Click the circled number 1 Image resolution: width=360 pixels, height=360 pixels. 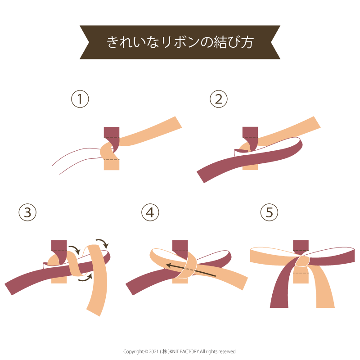click(80, 99)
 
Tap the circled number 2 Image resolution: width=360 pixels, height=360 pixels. click(219, 99)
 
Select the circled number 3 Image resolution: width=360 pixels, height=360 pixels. click(27, 212)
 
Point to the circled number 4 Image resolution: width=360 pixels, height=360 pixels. click(150, 212)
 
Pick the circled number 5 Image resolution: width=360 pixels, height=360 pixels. click(269, 212)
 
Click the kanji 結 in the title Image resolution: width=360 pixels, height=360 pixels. click(220, 42)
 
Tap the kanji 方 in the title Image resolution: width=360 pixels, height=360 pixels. click(247, 42)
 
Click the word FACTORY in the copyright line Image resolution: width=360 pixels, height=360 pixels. click(189, 351)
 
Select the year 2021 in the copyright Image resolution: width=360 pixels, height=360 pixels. click(154, 351)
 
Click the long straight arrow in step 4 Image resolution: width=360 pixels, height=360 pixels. click(191, 270)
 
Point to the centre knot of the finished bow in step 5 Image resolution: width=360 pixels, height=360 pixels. click(302, 261)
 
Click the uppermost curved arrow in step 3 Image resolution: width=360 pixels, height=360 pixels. click(103, 243)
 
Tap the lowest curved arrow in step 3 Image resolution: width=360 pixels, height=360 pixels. click(85, 277)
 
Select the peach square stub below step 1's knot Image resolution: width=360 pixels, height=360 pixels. click(112, 165)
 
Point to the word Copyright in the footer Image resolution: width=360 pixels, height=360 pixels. click(133, 352)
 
